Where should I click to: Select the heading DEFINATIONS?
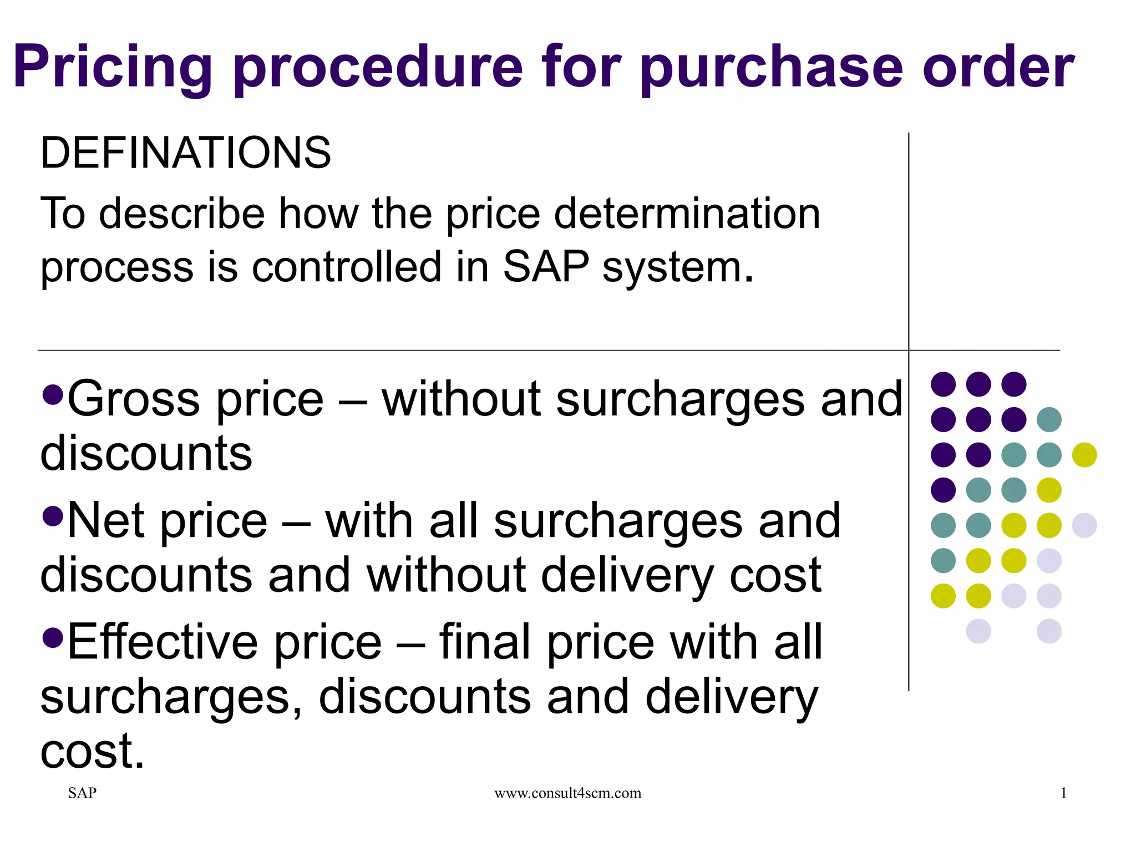pos(186,153)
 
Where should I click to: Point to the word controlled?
pos(347,267)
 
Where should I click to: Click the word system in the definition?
pos(678,268)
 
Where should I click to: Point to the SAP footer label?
pos(82,793)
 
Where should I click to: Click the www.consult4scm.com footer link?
pos(567,793)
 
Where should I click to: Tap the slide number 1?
pos(1063,793)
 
